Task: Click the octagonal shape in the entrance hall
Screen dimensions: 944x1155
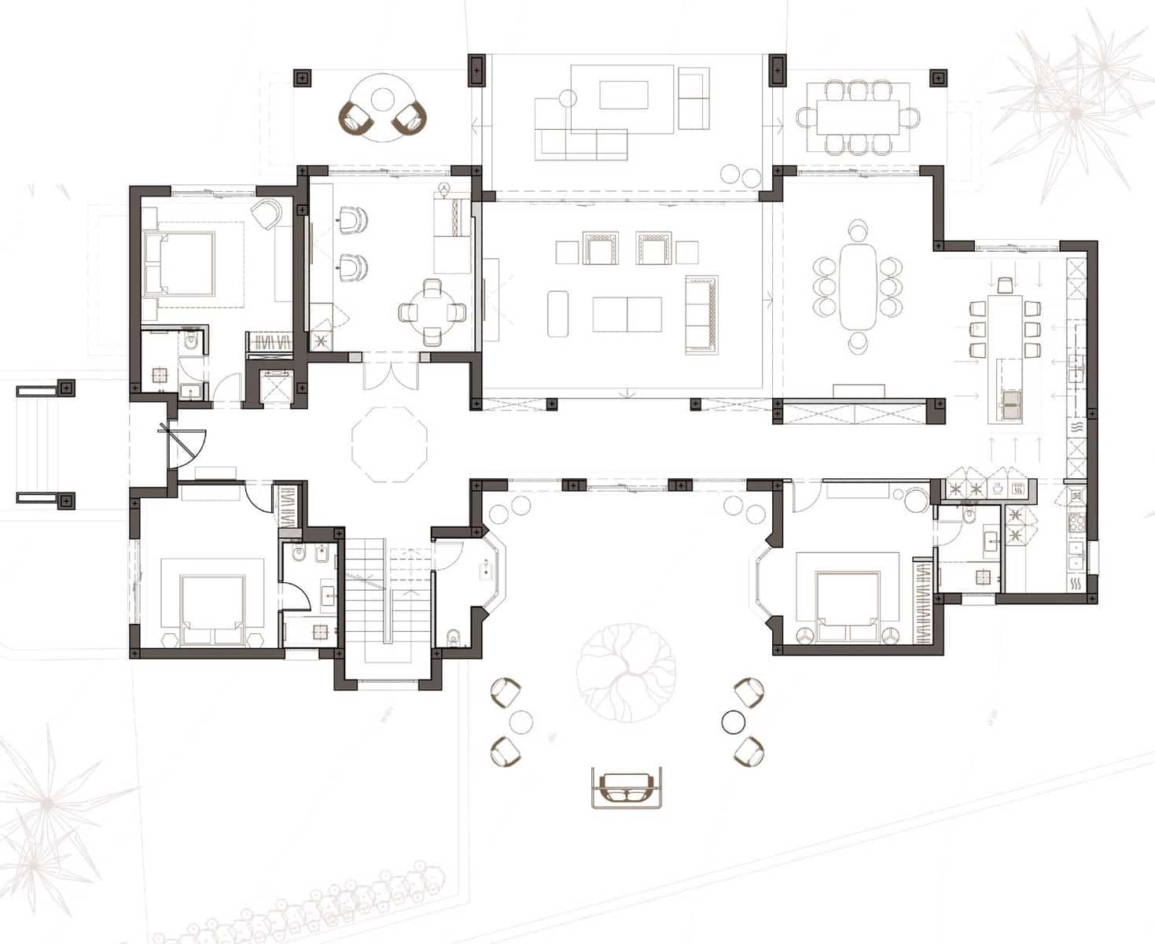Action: pyautogui.click(x=388, y=444)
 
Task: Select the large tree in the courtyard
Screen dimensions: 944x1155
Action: pyautogui.click(x=626, y=669)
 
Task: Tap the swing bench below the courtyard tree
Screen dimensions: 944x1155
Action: pyautogui.click(x=626, y=787)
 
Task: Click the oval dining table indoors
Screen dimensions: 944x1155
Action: pyautogui.click(x=858, y=286)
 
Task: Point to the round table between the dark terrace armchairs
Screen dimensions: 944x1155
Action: pyautogui.click(x=382, y=100)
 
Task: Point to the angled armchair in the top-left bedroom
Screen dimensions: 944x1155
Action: pyautogui.click(x=267, y=213)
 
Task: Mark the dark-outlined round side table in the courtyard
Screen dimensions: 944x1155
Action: pyautogui.click(x=733, y=720)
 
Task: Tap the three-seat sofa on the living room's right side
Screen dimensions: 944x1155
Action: pyautogui.click(x=702, y=312)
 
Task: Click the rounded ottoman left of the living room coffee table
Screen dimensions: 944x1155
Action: pyautogui.click(x=558, y=313)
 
